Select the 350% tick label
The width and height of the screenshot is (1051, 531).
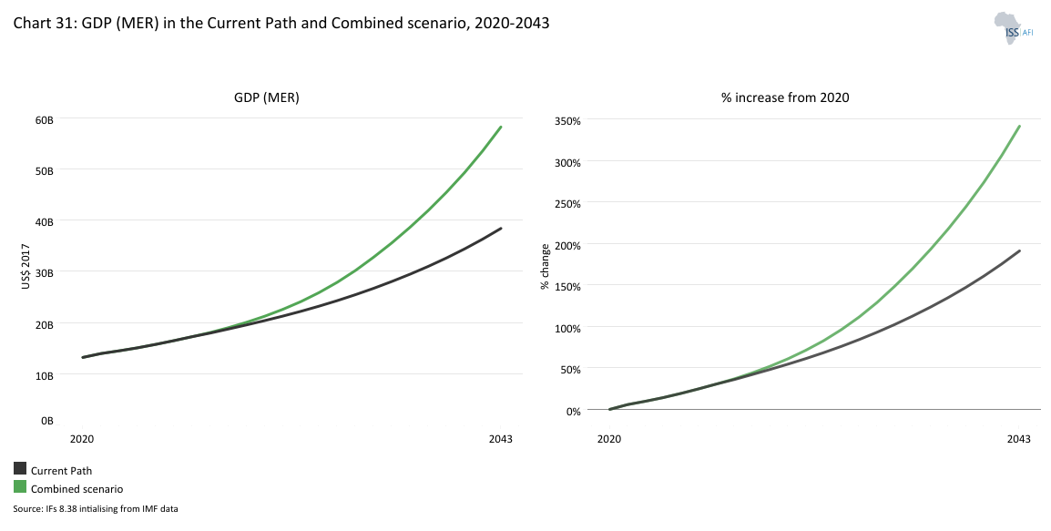point(567,120)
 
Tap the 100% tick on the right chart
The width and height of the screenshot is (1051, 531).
point(567,327)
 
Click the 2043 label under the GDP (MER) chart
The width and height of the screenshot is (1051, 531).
point(500,439)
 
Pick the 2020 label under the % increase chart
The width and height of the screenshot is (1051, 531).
point(609,439)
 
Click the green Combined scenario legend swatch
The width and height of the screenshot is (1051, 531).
point(20,487)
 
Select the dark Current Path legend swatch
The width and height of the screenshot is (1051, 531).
point(20,469)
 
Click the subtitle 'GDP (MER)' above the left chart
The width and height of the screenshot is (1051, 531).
point(267,97)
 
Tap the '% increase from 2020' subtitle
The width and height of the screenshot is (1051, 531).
point(785,97)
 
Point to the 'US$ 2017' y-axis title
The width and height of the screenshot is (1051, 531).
point(26,267)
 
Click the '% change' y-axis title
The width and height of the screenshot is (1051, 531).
point(545,267)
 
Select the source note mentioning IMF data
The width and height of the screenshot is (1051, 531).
point(96,508)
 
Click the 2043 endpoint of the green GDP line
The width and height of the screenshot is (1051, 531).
point(501,127)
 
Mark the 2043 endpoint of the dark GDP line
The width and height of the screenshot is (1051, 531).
point(501,228)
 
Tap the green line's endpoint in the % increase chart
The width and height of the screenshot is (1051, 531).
point(1019,126)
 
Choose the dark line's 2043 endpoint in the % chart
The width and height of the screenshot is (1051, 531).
point(1019,250)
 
